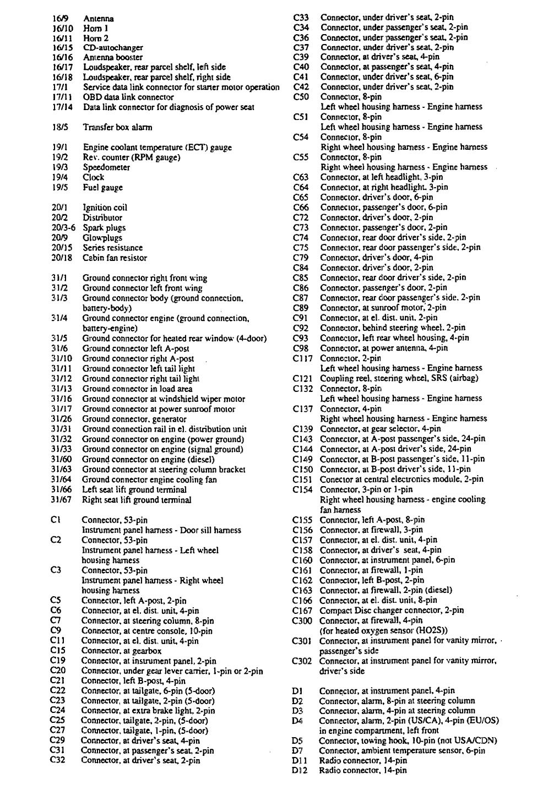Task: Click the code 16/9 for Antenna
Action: click(58, 18)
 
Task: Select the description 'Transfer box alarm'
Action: click(117, 127)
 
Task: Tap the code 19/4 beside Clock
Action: click(58, 177)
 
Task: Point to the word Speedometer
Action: click(106, 167)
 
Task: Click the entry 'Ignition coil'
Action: click(105, 208)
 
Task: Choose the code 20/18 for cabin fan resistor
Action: click(61, 258)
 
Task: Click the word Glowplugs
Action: click(102, 238)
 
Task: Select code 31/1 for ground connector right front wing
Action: click(58, 278)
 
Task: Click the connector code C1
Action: click(55, 520)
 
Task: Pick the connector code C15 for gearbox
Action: click(57, 650)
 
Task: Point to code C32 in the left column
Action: click(57, 760)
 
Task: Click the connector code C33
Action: click(301, 18)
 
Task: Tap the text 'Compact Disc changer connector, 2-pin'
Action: click(392, 610)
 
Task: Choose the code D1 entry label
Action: click(297, 690)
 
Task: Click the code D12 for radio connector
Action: click(300, 770)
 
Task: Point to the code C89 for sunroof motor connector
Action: click(301, 308)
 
